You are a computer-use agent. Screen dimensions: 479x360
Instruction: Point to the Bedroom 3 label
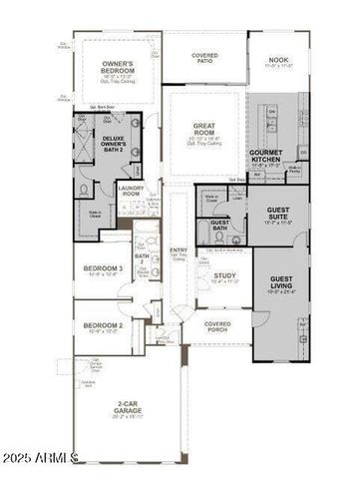point(102,269)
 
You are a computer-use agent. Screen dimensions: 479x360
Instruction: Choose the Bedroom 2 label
point(102,326)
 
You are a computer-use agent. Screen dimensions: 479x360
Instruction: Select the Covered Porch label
point(217,325)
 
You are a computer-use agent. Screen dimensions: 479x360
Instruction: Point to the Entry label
point(179,251)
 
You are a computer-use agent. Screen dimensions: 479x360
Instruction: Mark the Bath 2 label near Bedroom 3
point(142,259)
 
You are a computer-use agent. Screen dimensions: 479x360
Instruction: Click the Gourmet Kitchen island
point(268,120)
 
